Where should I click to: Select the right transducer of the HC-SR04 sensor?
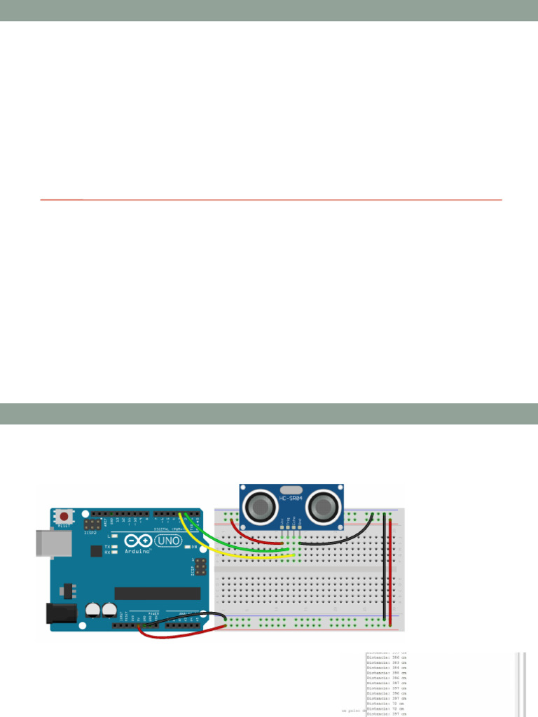pos(324,505)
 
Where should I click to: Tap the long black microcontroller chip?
pos(157,593)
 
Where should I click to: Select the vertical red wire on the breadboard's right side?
pos(390,567)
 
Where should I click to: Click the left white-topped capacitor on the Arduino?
pos(92,610)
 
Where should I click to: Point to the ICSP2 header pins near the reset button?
pos(91,524)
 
